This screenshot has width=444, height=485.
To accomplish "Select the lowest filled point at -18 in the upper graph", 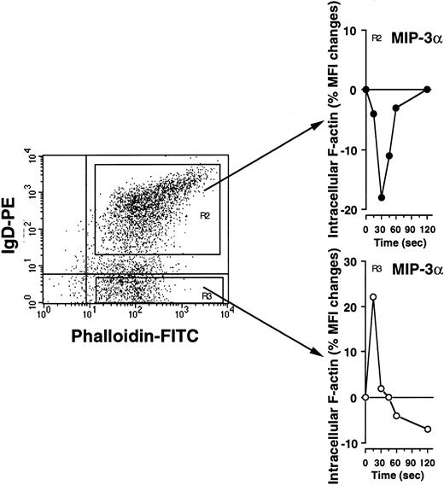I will (x=382, y=197).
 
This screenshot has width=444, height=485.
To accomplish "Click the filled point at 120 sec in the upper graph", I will (x=426, y=90).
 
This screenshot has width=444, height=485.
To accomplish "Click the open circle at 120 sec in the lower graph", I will (x=426, y=429).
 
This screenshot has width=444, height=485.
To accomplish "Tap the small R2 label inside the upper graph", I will (x=377, y=38).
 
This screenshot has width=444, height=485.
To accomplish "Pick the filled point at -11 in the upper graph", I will (x=389, y=156).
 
